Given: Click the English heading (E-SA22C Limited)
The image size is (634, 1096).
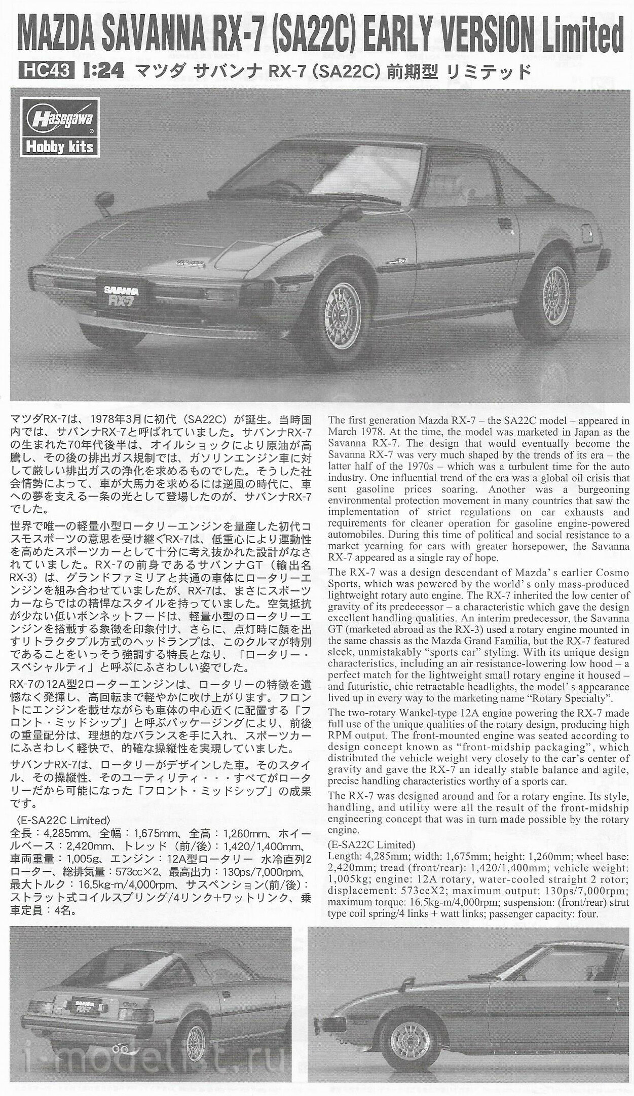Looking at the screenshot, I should coord(371,844).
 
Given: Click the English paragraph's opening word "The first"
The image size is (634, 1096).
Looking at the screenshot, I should coord(345,420).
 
